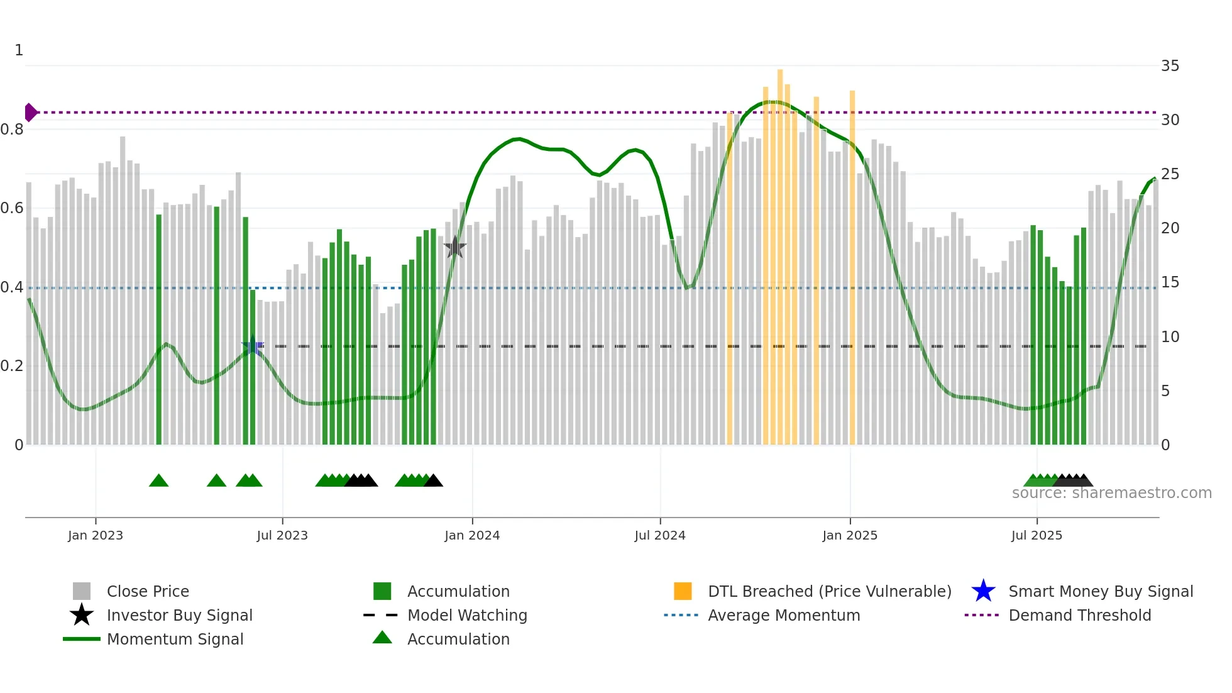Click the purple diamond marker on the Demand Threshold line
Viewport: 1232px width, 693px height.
[x=30, y=113]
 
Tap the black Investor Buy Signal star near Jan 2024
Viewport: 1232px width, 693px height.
[x=454, y=247]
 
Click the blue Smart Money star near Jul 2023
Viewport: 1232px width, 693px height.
[x=253, y=346]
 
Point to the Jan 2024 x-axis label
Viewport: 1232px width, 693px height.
[x=471, y=535]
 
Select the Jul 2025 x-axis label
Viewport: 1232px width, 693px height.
[x=1037, y=535]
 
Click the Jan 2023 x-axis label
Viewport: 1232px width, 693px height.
[x=96, y=535]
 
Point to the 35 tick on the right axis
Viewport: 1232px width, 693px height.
[x=1170, y=66]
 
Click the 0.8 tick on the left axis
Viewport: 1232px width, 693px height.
[x=13, y=130]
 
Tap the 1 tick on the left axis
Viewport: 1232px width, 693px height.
[x=19, y=50]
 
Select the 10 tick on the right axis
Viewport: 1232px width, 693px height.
[x=1170, y=337]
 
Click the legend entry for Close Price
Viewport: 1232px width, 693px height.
[x=148, y=591]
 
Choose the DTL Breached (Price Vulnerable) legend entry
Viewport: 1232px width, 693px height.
[x=829, y=591]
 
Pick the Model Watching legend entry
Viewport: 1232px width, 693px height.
[x=467, y=615]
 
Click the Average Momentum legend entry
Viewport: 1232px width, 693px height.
[x=784, y=615]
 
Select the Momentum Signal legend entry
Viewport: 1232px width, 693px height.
[x=175, y=639]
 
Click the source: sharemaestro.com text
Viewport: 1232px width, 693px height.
[x=1111, y=493]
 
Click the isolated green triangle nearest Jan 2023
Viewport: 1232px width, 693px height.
[x=158, y=481]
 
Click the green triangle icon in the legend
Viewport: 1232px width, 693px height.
[x=382, y=638]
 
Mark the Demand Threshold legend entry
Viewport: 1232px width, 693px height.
[x=1079, y=615]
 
